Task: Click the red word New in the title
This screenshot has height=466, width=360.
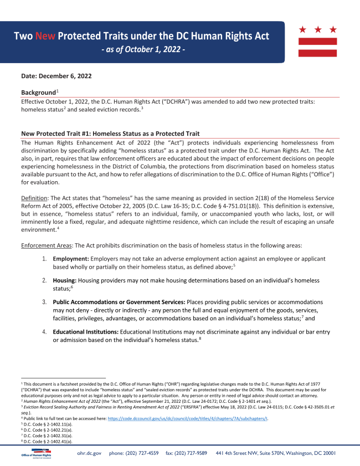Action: point(45,37)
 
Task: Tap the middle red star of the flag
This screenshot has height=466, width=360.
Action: point(318,29)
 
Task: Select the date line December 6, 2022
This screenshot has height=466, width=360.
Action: point(56,75)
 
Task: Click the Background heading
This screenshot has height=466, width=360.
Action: point(38,91)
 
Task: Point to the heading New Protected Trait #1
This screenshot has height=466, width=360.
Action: point(110,134)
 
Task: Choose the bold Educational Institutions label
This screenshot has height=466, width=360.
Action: point(85,331)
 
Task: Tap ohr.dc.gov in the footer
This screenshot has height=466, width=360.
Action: point(89,453)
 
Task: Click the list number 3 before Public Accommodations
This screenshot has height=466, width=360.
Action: point(44,302)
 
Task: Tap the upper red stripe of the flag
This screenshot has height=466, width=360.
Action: point(318,41)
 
